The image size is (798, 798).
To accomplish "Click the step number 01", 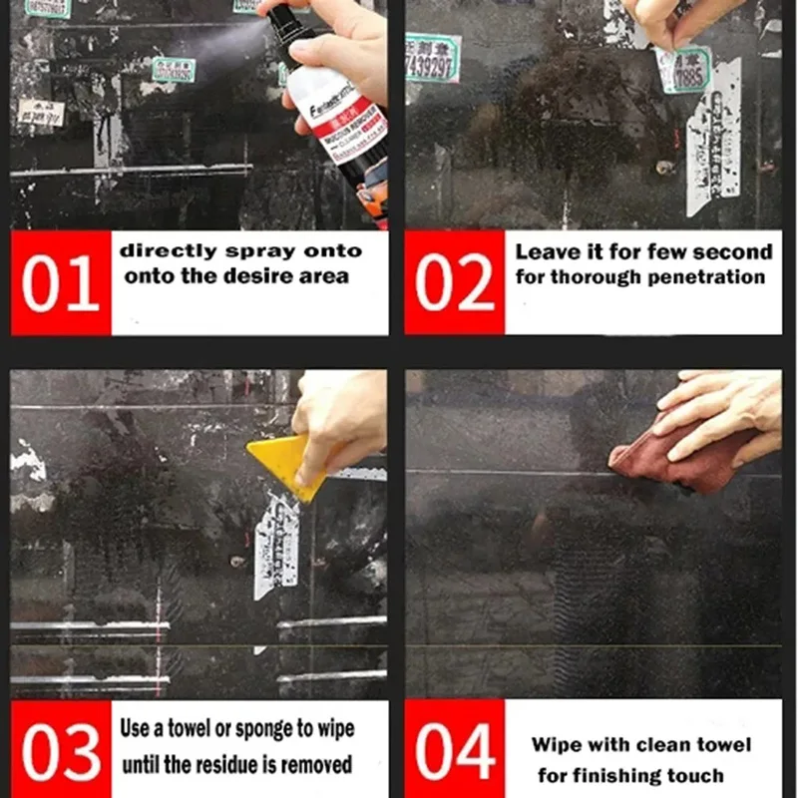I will point(60,283).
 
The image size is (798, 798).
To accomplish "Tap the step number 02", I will point(454,283).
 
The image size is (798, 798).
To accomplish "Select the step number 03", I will point(60,750).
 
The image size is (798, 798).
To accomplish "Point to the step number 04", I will point(454,750).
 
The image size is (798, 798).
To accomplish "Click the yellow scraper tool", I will point(284,465).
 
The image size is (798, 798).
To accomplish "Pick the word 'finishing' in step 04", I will point(626,775).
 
